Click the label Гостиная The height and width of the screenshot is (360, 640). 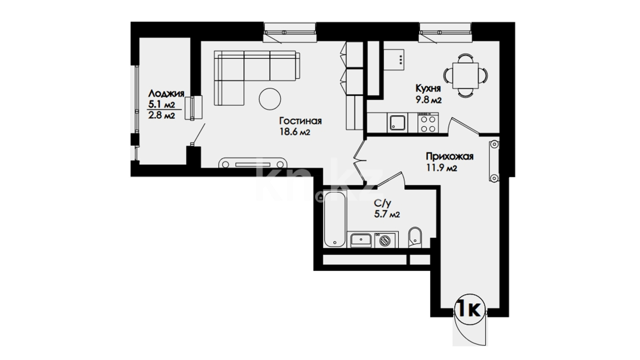(x=300, y=121)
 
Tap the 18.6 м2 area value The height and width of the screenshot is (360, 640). (x=295, y=132)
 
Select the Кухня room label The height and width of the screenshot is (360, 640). (x=428, y=88)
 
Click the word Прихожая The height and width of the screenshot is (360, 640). (x=450, y=156)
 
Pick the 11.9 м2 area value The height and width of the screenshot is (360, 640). (x=442, y=168)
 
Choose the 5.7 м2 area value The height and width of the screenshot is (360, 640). (x=387, y=214)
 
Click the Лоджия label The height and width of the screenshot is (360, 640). (x=166, y=93)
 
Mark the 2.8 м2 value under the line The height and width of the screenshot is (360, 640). (x=161, y=116)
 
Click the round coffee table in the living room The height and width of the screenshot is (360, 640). (x=270, y=99)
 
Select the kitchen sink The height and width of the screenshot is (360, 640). (x=397, y=123)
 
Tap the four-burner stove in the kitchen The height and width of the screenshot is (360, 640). (x=428, y=123)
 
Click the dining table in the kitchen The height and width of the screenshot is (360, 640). (x=466, y=75)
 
